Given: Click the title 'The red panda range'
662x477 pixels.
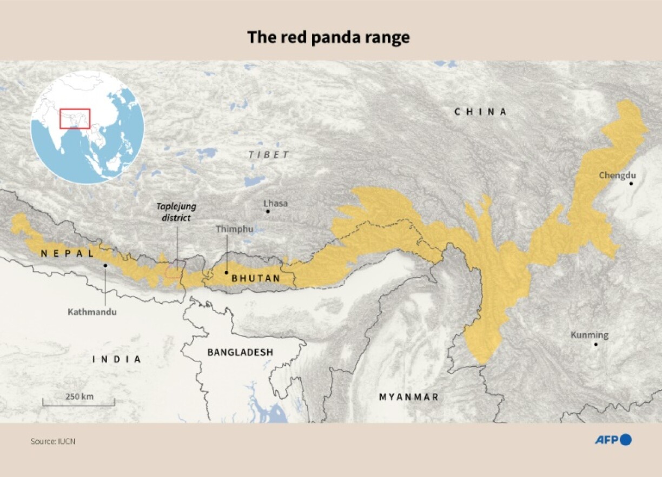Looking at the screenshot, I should click(x=328, y=37).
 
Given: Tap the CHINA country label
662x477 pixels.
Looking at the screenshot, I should click(x=481, y=112).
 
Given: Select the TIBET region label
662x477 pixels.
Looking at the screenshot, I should click(x=269, y=155).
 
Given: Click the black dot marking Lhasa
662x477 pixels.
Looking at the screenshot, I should click(x=267, y=211).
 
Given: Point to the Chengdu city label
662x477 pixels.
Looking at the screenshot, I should click(x=617, y=175).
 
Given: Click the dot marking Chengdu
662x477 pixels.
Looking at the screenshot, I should click(x=631, y=184).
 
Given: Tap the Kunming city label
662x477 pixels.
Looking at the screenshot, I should click(x=590, y=335).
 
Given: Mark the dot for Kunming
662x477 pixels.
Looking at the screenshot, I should click(x=595, y=344).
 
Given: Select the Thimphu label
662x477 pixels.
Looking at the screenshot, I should click(x=234, y=229).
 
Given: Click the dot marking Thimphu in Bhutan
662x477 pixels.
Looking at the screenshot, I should click(x=226, y=272).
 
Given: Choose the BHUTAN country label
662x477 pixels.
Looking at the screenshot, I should click(x=256, y=279).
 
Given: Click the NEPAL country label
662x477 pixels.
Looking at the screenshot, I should click(x=67, y=253).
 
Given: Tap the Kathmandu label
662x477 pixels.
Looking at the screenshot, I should click(x=92, y=312).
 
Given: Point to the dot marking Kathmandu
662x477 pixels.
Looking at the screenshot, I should click(x=105, y=265).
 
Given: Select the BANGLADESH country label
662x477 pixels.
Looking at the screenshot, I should click(x=240, y=352).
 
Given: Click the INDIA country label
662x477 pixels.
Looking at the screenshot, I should click(x=117, y=359).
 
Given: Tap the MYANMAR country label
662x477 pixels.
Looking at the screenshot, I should click(x=408, y=397).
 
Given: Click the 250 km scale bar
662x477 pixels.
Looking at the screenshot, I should click(x=79, y=402).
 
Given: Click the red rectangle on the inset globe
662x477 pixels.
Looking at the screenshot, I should click(x=75, y=118).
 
